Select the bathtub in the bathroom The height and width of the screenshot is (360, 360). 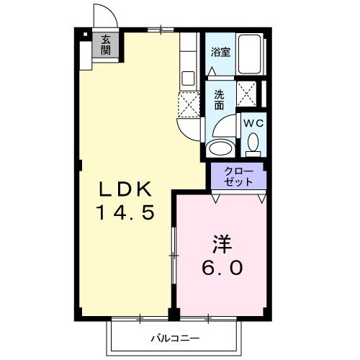[251, 54]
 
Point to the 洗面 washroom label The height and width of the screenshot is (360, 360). [219, 99]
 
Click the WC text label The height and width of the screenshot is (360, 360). [252, 123]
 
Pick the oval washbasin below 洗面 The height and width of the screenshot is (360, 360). [219, 148]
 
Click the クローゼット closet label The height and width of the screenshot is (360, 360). [238, 176]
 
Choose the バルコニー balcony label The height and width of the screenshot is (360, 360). [175, 336]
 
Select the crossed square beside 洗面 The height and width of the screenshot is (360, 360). [248, 94]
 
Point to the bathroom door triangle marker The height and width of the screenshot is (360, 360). [213, 72]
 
